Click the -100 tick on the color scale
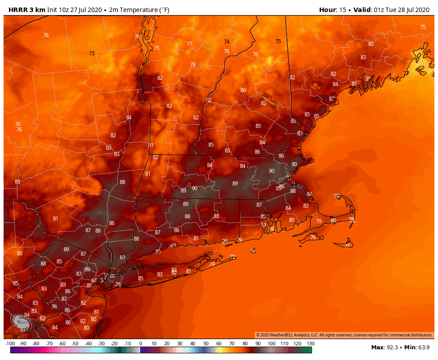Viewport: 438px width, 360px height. point(10,344)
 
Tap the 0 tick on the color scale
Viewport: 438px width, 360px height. point(141,344)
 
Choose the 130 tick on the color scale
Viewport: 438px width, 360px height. point(310,344)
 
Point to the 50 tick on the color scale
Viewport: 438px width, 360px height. point(206,344)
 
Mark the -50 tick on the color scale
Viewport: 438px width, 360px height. point(75,344)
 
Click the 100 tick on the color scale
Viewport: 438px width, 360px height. point(271,344)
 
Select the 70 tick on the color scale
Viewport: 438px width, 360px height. point(232,344)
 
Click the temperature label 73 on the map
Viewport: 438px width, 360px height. point(92,53)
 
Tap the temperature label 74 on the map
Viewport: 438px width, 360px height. point(227,42)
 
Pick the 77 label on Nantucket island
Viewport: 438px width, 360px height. point(347,246)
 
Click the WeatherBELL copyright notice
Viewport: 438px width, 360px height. point(344,335)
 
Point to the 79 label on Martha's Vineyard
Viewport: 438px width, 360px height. point(313,237)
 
